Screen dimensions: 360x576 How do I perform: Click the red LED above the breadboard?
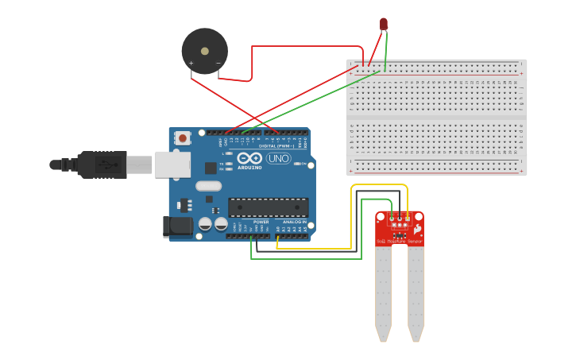click(x=384, y=24)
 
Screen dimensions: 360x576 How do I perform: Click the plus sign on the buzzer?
click(x=191, y=63)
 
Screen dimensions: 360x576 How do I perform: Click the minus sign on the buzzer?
click(x=218, y=63)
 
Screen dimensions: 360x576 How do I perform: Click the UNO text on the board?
click(x=278, y=159)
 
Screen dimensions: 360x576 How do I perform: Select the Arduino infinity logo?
click(x=249, y=158)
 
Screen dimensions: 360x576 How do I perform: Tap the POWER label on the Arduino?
click(x=261, y=223)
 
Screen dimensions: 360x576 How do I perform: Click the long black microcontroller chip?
click(x=269, y=207)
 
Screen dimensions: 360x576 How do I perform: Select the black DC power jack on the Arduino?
click(x=176, y=226)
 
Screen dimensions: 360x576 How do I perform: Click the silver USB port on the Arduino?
click(x=172, y=165)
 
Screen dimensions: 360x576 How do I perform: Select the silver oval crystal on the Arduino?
click(x=207, y=187)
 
